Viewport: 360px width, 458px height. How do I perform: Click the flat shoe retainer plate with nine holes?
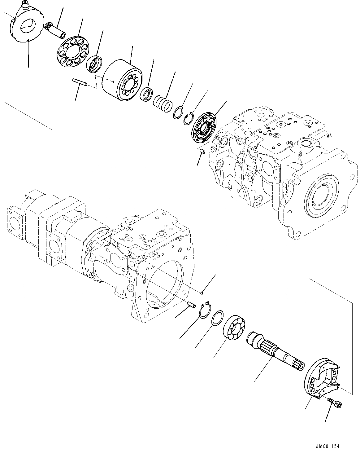pyautogui.click(x=73, y=51)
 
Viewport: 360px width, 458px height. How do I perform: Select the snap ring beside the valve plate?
pyautogui.click(x=188, y=119)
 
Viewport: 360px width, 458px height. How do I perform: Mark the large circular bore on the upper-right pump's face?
pyautogui.click(x=322, y=195)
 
